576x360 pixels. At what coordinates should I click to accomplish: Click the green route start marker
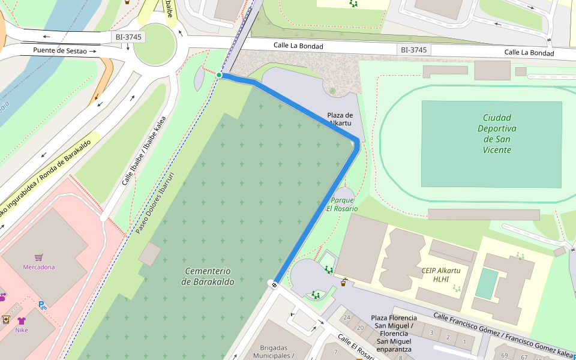click(220, 75)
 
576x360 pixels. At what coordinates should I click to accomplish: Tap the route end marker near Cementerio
click(274, 284)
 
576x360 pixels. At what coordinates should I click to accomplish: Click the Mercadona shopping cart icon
click(39, 257)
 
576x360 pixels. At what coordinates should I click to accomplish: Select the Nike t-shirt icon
click(22, 320)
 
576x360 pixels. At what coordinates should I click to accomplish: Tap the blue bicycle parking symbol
click(43, 305)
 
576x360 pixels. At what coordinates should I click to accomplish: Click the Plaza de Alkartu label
click(340, 119)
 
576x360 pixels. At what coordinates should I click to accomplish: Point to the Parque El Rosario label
click(342, 204)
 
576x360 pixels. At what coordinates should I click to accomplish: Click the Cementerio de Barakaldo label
click(208, 276)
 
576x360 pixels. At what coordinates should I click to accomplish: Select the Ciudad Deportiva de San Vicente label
click(497, 134)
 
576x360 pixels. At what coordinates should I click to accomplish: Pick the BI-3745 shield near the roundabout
click(129, 37)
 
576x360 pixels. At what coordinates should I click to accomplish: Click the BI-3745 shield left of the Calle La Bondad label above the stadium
click(414, 50)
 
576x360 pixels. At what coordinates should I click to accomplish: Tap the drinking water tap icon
click(344, 282)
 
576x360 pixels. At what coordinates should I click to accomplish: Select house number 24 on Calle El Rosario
click(346, 317)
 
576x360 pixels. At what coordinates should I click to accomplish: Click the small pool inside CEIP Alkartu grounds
click(487, 283)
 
